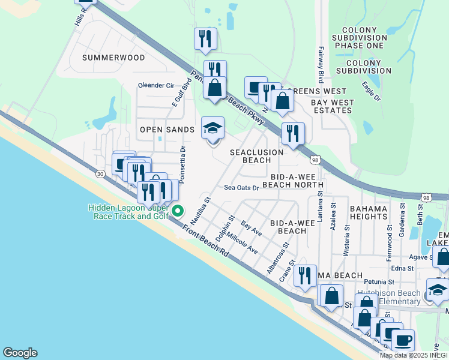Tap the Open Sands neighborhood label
pos(167,130)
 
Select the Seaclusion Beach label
pos(256,156)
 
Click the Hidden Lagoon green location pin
pos(178,211)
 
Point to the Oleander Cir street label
pos(155,85)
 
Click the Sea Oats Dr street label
pos(241,188)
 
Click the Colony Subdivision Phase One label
pos(363,37)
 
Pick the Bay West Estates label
pos(331,106)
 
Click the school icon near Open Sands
pos(212,128)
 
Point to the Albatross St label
pos(277,258)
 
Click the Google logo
pos(20,353)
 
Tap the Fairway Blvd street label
pos(321,65)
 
